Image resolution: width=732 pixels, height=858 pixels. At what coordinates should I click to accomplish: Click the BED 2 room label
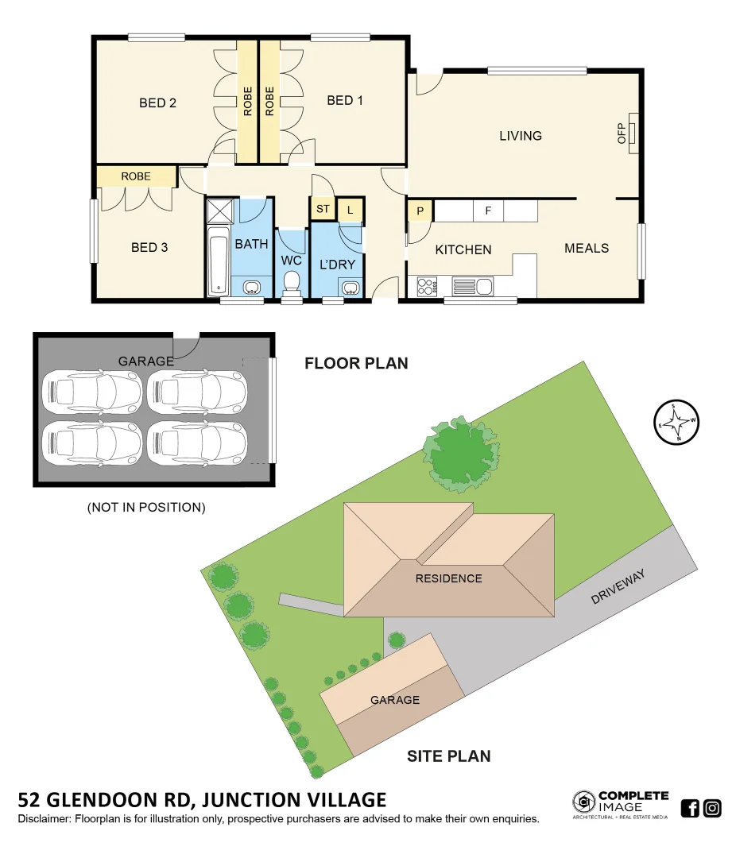157,102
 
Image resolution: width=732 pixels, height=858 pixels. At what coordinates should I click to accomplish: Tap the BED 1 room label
345,100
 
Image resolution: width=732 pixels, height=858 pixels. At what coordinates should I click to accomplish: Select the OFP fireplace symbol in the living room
633,133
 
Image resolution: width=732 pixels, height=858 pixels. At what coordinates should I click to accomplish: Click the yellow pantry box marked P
419,211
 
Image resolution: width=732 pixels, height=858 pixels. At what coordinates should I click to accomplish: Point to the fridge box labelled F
488,211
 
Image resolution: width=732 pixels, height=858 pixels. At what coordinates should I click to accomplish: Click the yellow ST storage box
323,210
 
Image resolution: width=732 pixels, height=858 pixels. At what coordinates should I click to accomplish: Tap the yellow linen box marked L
350,210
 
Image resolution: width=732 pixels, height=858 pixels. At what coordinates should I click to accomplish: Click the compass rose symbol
676,422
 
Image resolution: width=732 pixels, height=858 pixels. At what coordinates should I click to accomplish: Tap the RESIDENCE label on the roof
449,578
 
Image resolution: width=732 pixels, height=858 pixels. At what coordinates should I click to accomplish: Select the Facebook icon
690,809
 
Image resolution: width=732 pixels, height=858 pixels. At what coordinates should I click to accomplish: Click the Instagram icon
712,809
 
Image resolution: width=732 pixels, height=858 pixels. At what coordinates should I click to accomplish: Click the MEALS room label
587,248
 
